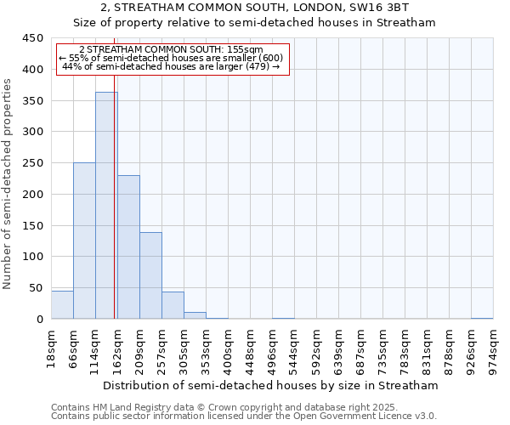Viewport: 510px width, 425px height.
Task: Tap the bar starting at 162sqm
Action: click(x=128, y=247)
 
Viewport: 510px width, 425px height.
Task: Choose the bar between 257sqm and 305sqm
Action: click(x=173, y=305)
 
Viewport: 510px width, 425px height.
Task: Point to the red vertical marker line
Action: click(x=115, y=212)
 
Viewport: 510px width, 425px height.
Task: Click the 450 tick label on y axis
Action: click(x=32, y=38)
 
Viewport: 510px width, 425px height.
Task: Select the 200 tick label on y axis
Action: click(x=32, y=195)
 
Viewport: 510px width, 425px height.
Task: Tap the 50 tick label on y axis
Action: click(x=36, y=288)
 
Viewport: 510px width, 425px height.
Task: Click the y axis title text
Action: click(x=8, y=184)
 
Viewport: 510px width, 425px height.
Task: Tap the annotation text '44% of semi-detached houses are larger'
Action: click(x=172, y=66)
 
